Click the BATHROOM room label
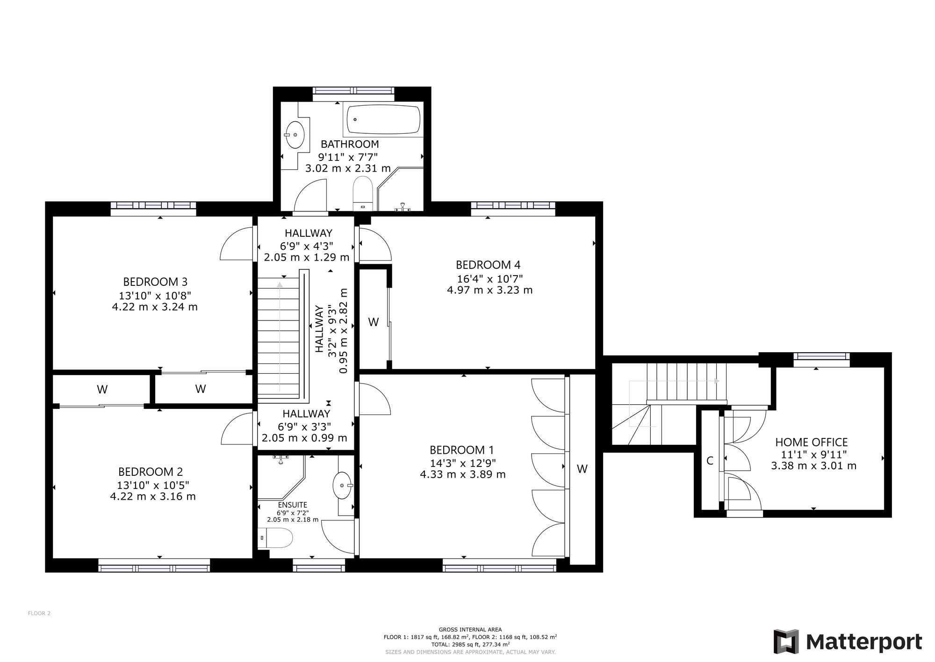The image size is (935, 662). tap(350, 144)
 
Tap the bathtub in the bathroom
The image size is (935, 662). tap(383, 120)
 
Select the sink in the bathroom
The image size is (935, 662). tap(295, 135)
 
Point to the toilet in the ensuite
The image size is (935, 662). tap(275, 538)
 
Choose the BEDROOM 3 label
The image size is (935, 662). tap(155, 282)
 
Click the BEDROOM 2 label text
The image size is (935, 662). tap(151, 472)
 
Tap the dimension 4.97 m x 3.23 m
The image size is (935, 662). tap(490, 290)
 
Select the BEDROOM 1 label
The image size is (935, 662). tap(462, 450)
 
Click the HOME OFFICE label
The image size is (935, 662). tap(812, 442)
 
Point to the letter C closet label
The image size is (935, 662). tap(710, 461)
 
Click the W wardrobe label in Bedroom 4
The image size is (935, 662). tap(374, 322)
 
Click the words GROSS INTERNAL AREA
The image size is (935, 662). tap(470, 630)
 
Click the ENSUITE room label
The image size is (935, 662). tap(293, 505)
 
